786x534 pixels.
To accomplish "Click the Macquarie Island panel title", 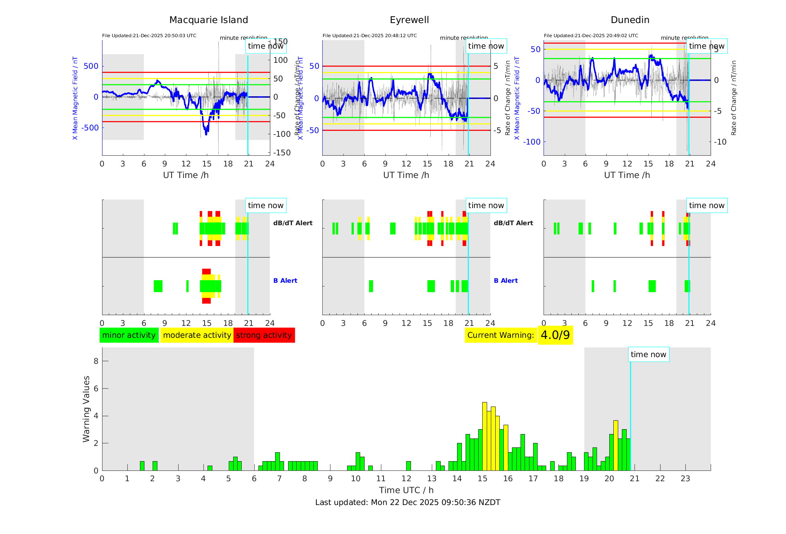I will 209,20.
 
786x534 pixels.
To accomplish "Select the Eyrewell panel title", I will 409,20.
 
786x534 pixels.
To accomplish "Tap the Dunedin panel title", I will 630,20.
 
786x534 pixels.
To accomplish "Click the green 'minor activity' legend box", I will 129,335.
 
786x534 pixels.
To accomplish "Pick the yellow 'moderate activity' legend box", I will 197,335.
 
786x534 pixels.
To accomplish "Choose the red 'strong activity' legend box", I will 264,335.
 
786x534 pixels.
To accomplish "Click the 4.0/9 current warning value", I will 555,335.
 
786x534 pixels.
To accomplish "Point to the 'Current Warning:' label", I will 500,335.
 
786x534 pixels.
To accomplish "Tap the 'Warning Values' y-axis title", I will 86,409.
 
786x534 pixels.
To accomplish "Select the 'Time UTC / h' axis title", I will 406,490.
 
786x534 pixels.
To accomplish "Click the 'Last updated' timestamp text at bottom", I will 408,502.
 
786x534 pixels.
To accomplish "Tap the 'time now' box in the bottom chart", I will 648,355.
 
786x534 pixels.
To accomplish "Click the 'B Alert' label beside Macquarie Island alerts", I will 285,281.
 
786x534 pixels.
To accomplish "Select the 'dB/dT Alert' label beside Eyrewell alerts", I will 513,223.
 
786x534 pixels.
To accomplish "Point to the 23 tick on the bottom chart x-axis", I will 685,479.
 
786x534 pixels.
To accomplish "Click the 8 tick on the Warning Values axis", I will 96,361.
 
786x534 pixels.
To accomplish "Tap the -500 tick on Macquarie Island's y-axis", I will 91,127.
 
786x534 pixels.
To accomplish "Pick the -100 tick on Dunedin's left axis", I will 532,142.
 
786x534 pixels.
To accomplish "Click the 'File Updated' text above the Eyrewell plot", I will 369,36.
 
